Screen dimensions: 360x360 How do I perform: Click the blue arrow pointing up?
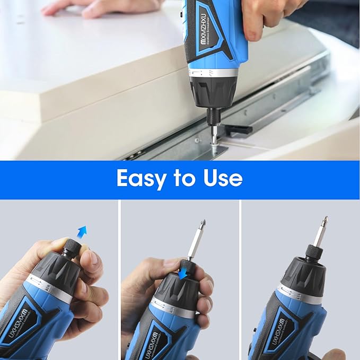pos(81,232)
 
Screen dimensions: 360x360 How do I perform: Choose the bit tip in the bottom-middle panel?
pos(202,225)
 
